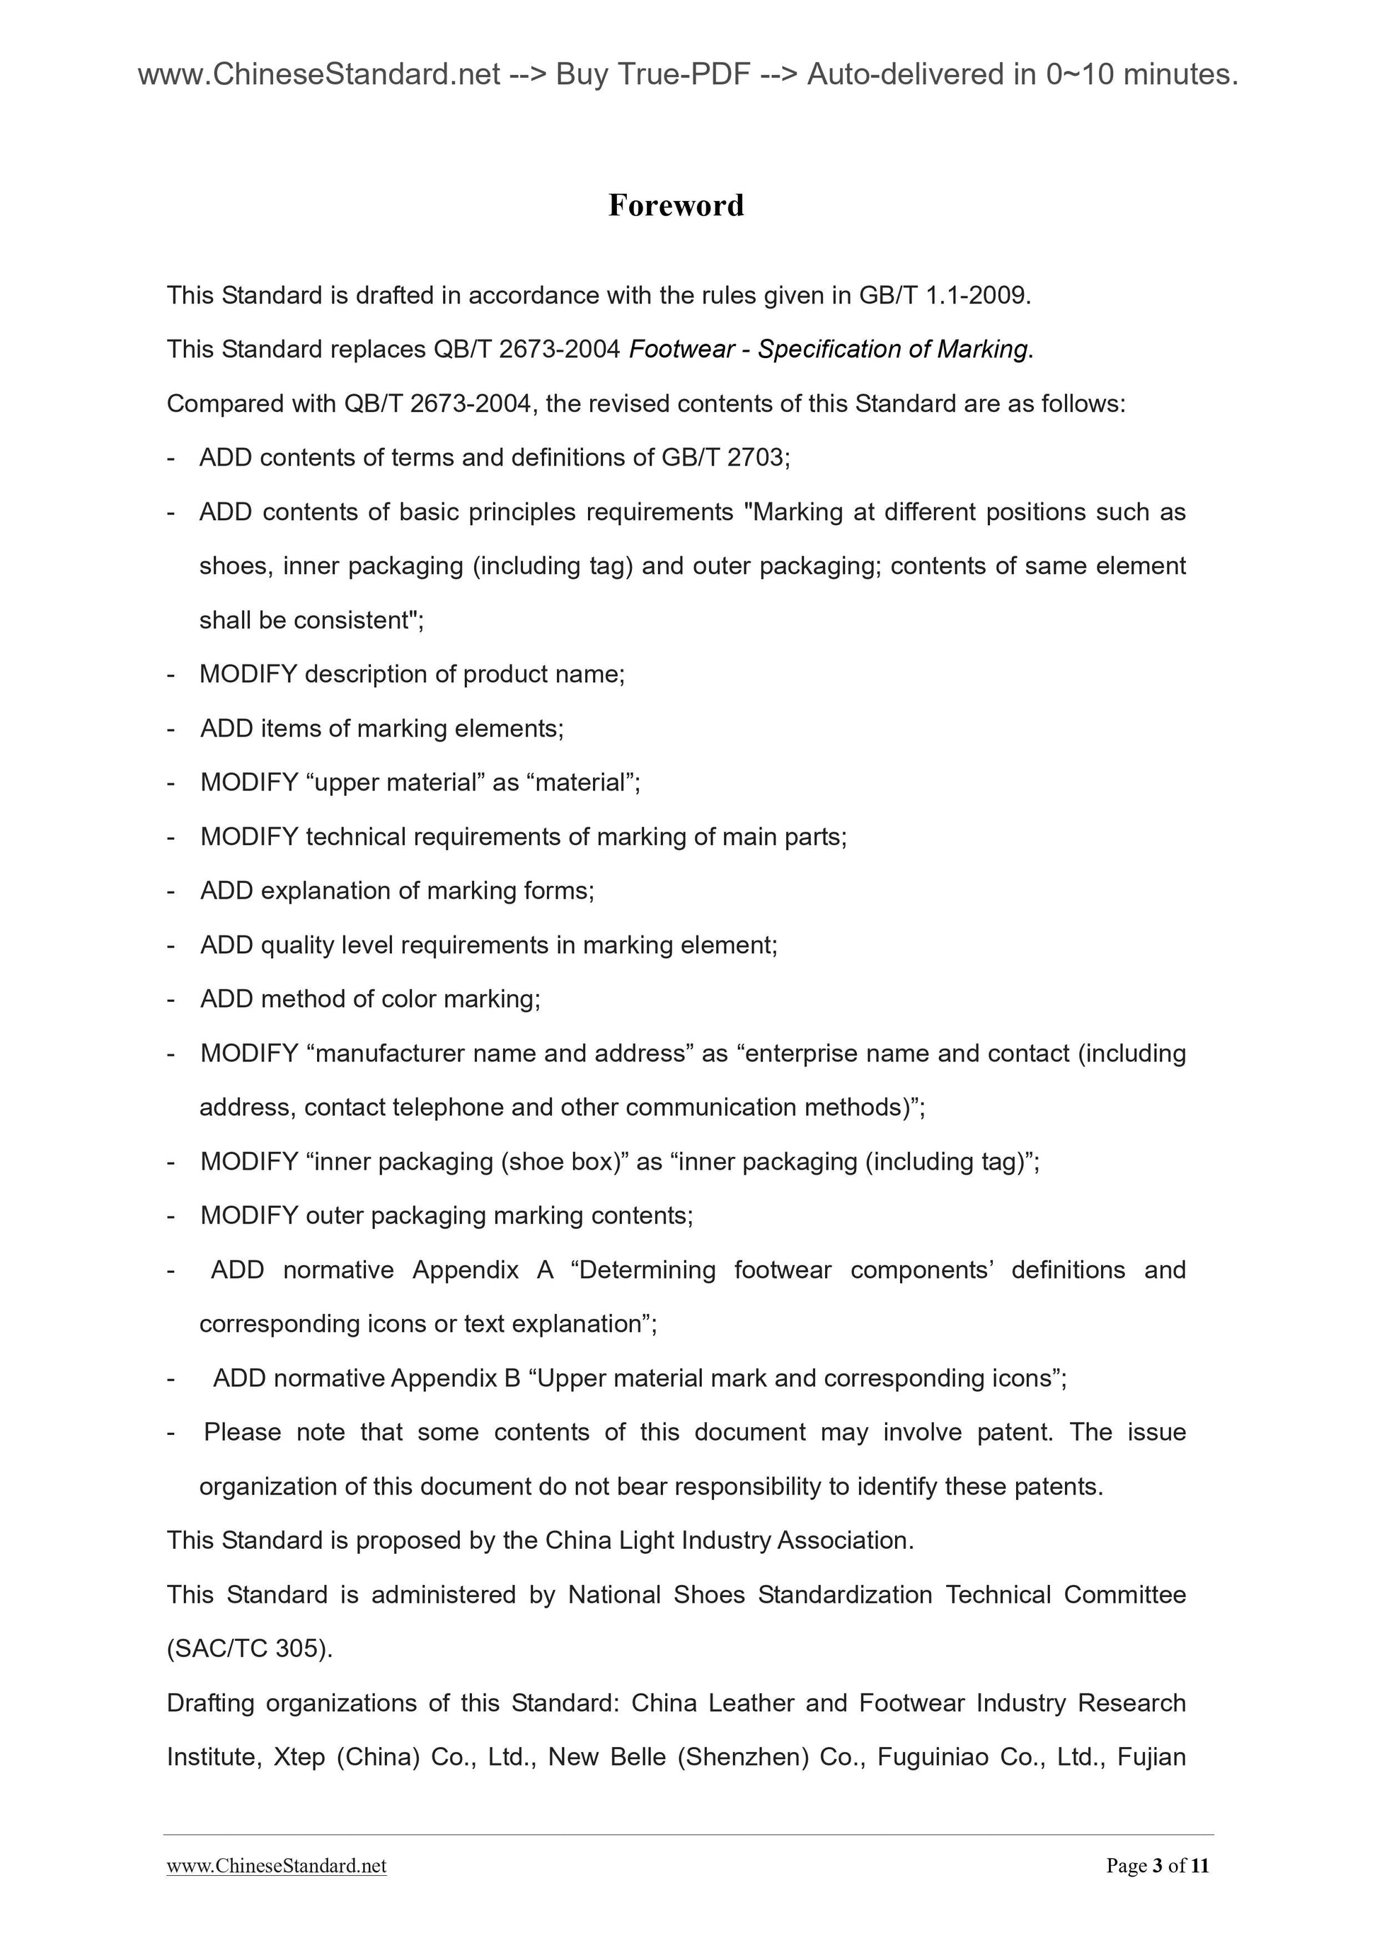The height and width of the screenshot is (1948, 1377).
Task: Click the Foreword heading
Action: pos(676,205)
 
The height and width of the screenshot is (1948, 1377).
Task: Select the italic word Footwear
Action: pos(681,350)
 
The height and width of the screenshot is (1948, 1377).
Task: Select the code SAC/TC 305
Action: pos(248,1649)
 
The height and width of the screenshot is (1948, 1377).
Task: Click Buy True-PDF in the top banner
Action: pos(653,76)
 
